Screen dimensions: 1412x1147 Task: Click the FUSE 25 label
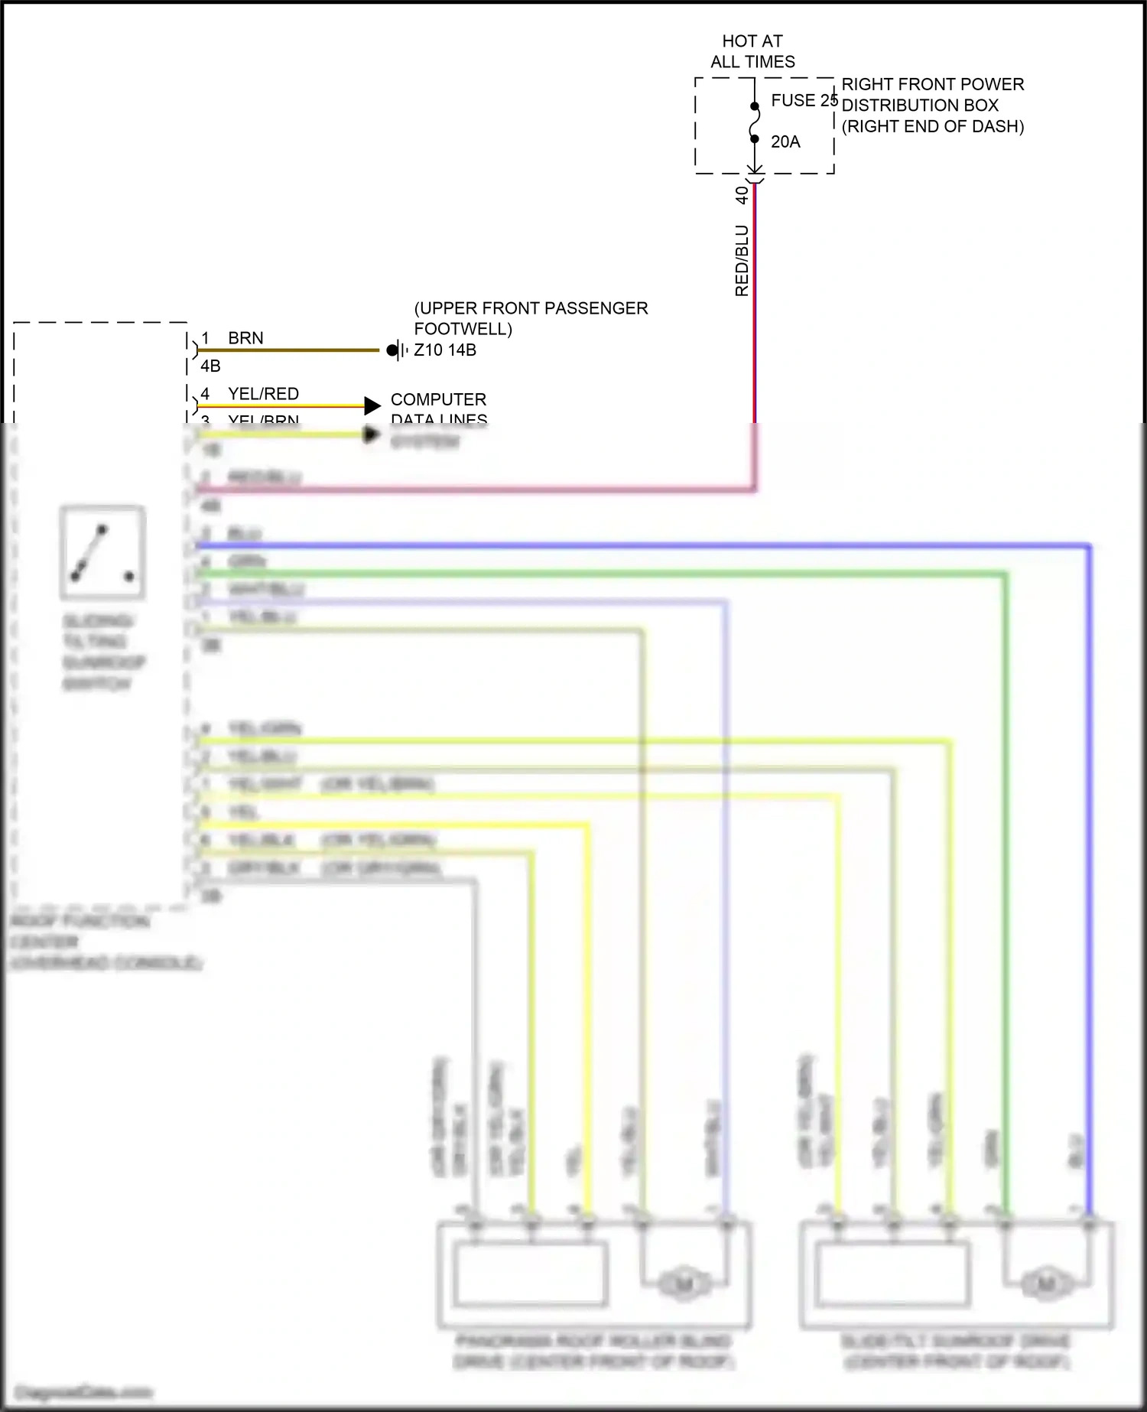pyautogui.click(x=804, y=100)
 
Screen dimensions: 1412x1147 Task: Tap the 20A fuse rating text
pyautogui.click(x=785, y=142)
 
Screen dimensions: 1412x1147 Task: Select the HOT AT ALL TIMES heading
pyautogui.click(x=752, y=51)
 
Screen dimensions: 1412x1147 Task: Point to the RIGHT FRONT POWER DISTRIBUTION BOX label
pyautogui.click(x=932, y=105)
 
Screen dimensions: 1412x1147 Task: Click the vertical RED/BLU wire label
pyautogui.click(x=742, y=260)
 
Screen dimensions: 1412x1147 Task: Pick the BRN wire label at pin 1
pyautogui.click(x=245, y=338)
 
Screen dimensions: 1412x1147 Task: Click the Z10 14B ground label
pyautogui.click(x=445, y=350)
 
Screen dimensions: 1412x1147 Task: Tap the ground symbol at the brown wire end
pyautogui.click(x=395, y=350)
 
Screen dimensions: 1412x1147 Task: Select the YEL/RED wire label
pyautogui.click(x=263, y=394)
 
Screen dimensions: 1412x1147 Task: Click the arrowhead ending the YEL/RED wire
pyautogui.click(x=372, y=405)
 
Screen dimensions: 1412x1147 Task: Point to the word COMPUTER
pyautogui.click(x=438, y=399)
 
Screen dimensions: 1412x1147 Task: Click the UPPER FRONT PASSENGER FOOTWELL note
pyautogui.click(x=531, y=318)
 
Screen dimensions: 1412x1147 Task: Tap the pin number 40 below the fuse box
pyautogui.click(x=741, y=195)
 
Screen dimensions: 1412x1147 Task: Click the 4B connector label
pyautogui.click(x=210, y=366)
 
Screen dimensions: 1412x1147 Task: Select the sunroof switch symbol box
pyautogui.click(x=102, y=552)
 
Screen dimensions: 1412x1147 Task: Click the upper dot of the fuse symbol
pyautogui.click(x=755, y=106)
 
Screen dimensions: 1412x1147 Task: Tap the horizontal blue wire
pyautogui.click(x=642, y=546)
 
